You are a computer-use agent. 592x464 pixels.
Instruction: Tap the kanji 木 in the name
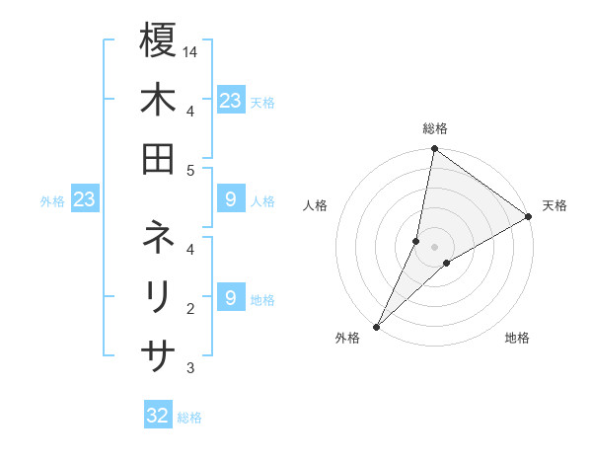click(x=158, y=101)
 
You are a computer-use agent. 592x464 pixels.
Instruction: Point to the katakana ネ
click(x=158, y=238)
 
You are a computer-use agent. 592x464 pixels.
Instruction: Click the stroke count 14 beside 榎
click(x=191, y=50)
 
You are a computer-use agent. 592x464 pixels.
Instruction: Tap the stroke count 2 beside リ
click(x=190, y=309)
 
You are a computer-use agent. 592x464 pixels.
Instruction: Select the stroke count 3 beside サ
click(x=190, y=368)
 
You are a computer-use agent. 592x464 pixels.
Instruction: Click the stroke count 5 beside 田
click(x=190, y=171)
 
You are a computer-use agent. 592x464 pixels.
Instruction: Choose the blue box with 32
click(x=158, y=416)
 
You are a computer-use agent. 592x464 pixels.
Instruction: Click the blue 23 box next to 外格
click(x=85, y=200)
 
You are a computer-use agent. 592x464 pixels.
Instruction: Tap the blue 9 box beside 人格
click(x=230, y=200)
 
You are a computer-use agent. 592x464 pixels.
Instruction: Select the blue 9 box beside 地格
click(x=230, y=297)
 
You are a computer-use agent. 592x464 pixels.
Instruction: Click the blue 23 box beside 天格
click(x=230, y=101)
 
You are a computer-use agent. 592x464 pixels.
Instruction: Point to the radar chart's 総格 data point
click(x=434, y=150)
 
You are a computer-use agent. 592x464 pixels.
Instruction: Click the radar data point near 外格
click(x=376, y=326)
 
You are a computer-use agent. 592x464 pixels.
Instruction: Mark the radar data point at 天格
click(x=529, y=217)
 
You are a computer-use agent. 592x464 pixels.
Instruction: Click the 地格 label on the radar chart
click(x=517, y=338)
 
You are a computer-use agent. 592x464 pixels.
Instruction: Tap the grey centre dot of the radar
click(x=434, y=247)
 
